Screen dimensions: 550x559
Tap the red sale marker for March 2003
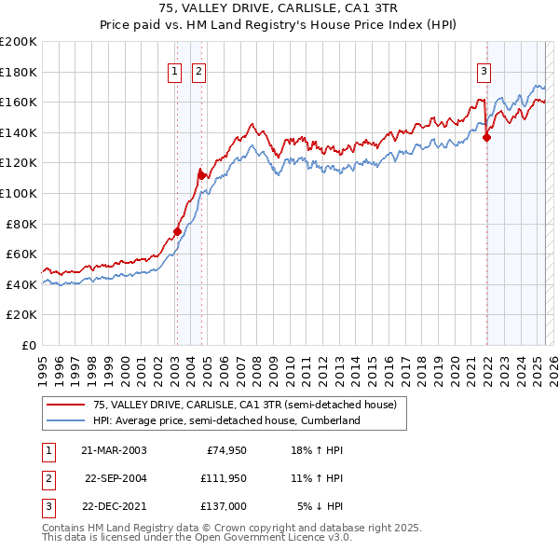click(177, 231)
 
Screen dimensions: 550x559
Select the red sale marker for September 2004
click(201, 174)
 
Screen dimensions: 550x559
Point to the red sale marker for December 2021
click(486, 137)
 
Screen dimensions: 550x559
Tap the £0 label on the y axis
click(29, 345)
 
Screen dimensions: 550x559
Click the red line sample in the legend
click(67, 405)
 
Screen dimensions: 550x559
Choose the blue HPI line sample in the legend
click(67, 420)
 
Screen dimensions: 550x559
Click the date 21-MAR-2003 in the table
click(114, 450)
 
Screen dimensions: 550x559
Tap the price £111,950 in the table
click(222, 478)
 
